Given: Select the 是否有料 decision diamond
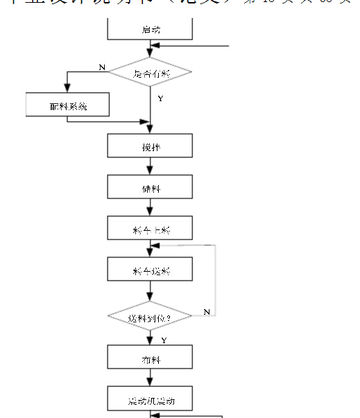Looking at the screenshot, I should point(150,73).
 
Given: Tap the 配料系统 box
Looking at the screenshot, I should point(67,105).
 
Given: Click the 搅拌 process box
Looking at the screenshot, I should point(150,147).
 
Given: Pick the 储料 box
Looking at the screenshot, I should point(150,188).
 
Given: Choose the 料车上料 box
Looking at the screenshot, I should point(150,228).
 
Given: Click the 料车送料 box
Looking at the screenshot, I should point(150,270).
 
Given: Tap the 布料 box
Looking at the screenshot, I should point(150,359).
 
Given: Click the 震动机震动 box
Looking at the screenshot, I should point(150,400).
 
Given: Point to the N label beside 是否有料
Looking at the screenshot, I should point(102,67).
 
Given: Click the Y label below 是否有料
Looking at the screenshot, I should point(160,98).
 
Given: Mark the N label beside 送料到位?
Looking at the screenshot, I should point(207,312).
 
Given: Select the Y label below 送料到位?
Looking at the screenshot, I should point(164,340).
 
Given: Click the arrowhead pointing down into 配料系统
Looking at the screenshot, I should point(67,88).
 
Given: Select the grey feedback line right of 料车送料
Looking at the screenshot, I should point(216,277).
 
